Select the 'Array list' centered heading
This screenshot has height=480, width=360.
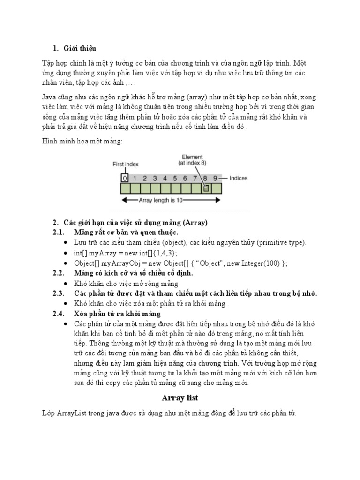[x=180, y=398]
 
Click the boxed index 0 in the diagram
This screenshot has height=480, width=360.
[x=124, y=178]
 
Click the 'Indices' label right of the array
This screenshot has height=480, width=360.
[x=239, y=178]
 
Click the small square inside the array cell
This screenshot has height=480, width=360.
[x=205, y=188]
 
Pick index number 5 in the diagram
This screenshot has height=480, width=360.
[x=175, y=178]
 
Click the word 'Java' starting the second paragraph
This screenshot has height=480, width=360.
[x=50, y=97]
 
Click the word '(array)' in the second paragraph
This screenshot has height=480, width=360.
[x=200, y=97]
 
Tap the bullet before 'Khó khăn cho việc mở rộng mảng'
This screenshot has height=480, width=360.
[x=65, y=284]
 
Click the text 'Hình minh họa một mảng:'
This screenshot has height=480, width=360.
[x=82, y=141]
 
